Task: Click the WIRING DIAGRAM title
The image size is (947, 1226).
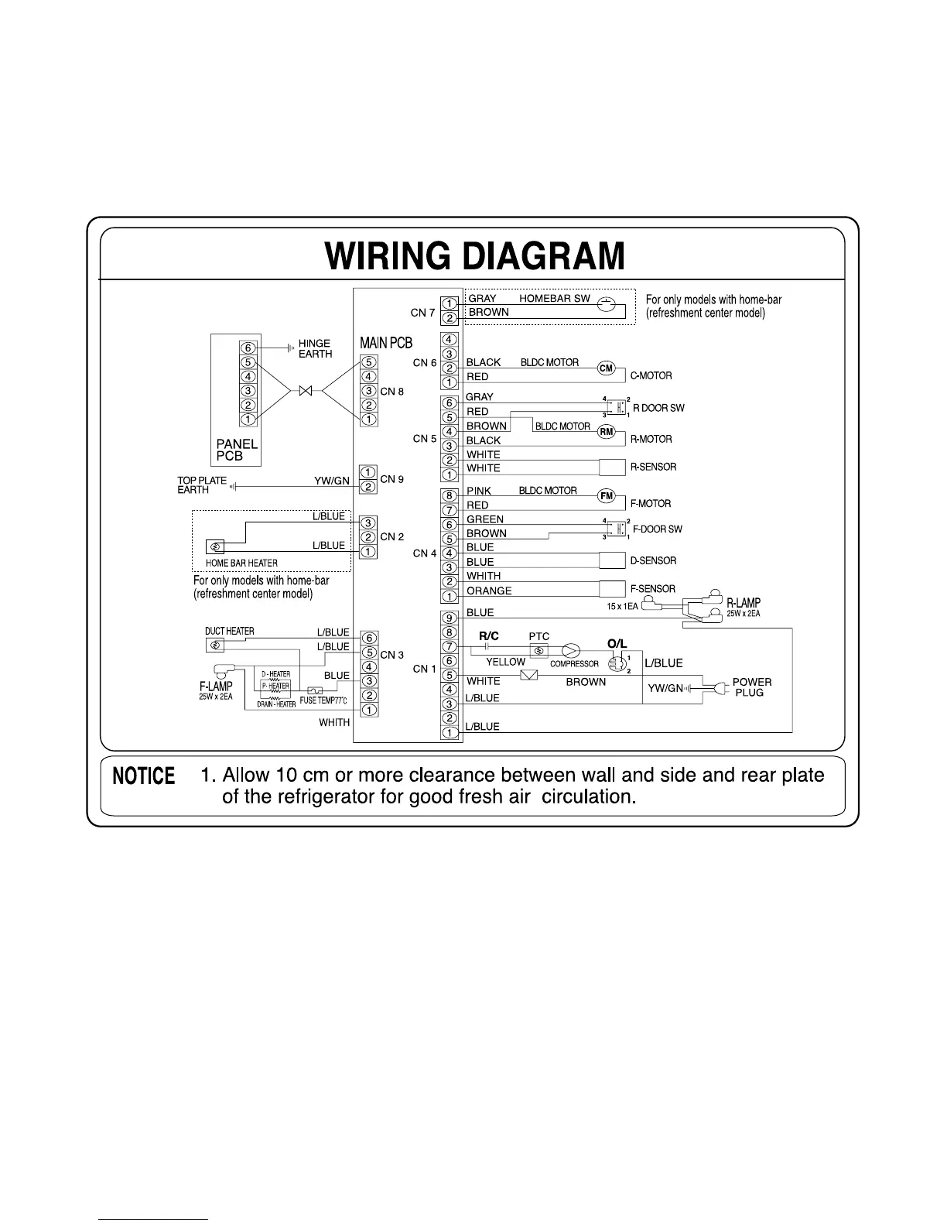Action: coord(474,256)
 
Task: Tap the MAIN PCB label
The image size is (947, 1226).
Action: coord(386,343)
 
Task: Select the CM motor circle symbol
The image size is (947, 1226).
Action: coord(607,368)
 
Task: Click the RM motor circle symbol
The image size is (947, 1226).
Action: coord(607,432)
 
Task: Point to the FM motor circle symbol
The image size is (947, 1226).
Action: coord(607,496)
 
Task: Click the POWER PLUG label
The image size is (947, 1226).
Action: coord(751,687)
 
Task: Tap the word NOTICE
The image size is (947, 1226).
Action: coord(144,776)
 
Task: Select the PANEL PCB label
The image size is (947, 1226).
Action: coord(237,450)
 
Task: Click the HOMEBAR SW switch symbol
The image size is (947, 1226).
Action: coord(608,305)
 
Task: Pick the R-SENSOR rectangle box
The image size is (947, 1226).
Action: coord(612,467)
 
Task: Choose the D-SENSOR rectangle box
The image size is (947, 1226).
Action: coord(612,561)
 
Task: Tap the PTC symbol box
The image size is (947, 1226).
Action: coord(538,651)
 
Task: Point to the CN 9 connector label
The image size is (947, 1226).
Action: coord(392,479)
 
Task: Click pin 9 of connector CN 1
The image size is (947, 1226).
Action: coord(449,618)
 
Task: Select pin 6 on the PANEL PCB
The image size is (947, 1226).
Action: coord(248,348)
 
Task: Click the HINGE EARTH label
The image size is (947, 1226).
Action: coord(315,348)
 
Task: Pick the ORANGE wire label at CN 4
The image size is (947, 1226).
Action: coord(489,591)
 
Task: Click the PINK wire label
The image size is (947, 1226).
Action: coord(479,491)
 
